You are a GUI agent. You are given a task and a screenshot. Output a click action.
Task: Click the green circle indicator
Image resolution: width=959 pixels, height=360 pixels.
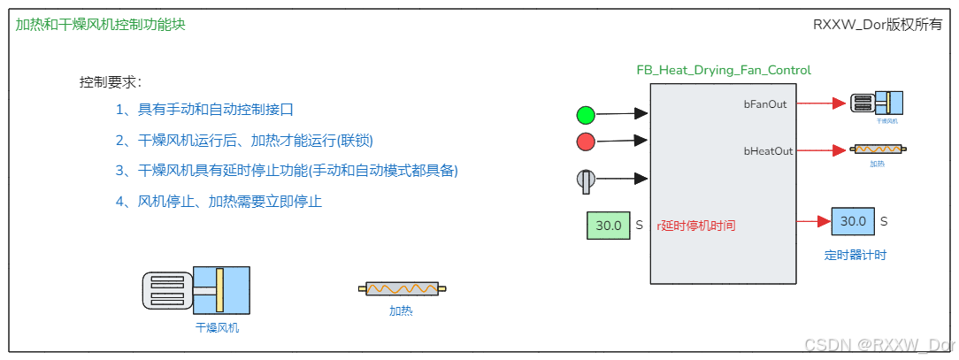pos(586,114)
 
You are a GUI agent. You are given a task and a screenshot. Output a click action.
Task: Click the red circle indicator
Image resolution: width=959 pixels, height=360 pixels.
pos(586,142)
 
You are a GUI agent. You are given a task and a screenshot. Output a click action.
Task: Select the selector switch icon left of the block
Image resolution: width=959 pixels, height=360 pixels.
pos(586,180)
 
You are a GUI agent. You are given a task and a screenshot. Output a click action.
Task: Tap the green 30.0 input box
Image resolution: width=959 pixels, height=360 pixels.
pos(608,225)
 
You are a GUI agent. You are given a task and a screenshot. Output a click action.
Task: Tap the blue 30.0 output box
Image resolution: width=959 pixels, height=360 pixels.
pos(852,221)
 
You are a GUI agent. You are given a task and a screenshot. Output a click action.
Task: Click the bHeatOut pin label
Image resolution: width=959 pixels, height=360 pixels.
pos(767,151)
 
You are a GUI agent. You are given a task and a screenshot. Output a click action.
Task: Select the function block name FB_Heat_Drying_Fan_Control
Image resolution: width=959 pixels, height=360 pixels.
pos(724,70)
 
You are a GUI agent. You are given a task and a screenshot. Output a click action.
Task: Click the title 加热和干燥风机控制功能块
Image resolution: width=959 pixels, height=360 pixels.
pos(101,25)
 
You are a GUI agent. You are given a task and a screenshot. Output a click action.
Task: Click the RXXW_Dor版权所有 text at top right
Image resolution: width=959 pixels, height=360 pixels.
pos(878,25)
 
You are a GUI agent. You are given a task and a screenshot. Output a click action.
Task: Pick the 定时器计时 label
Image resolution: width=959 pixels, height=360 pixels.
pos(855,255)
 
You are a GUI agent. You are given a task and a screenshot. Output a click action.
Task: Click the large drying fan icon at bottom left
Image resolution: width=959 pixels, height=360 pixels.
pos(196,288)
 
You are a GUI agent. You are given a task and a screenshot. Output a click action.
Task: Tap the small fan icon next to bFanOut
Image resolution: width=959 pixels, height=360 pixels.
pos(874,103)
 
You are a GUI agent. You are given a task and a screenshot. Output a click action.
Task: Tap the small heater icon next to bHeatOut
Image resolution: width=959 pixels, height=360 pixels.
pos(877,150)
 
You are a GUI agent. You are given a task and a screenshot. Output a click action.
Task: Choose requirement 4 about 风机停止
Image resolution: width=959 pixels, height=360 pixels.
pos(219,201)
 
